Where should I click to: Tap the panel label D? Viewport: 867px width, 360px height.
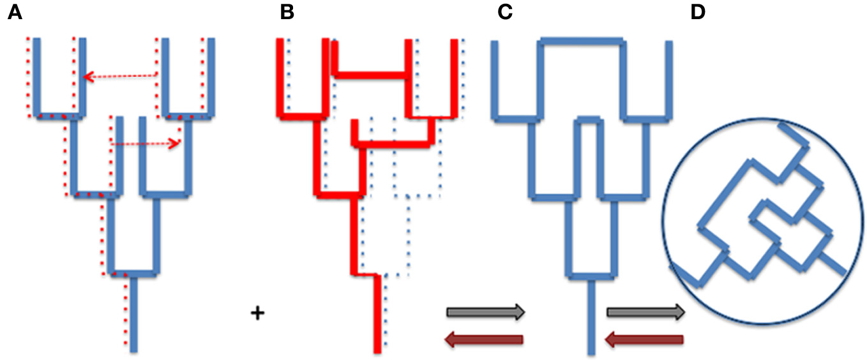700,13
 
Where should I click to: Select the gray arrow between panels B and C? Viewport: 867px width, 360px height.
485,312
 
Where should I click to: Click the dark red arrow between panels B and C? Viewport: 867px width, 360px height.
485,340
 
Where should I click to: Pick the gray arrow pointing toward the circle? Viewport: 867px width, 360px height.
645,312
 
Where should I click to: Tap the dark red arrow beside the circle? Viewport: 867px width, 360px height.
645,340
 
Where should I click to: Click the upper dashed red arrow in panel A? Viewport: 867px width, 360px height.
121,77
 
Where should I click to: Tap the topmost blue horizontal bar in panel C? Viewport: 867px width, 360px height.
580,41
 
